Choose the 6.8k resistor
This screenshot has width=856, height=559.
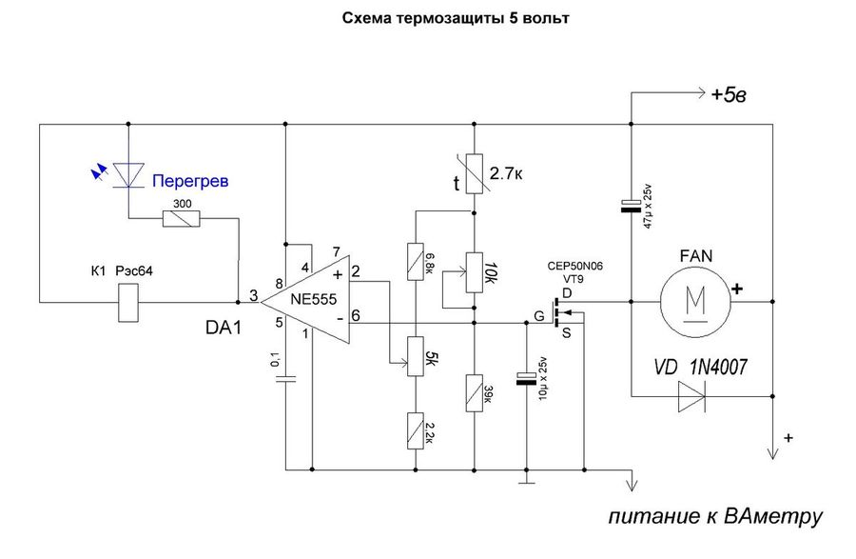point(415,261)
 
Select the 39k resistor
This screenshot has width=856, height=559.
point(473,391)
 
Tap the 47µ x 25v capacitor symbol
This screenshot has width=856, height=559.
point(631,206)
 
